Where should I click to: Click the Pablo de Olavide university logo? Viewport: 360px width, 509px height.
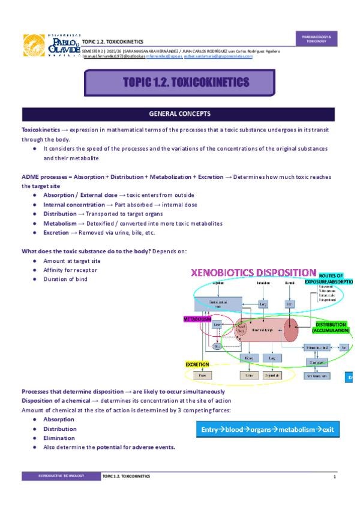[x=50, y=46]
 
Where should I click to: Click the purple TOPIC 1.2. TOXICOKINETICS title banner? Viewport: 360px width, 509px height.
[x=180, y=82]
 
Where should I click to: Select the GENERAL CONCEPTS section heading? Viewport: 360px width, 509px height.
[x=179, y=113]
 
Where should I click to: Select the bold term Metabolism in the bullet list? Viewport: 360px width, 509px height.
[x=60, y=223]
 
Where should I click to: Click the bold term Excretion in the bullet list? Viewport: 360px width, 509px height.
[x=56, y=233]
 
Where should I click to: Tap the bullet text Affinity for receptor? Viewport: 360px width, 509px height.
[x=70, y=271]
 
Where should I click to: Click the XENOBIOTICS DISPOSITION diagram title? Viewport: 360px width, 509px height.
[x=253, y=273]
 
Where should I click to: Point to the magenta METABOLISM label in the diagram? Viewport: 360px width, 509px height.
[x=198, y=319]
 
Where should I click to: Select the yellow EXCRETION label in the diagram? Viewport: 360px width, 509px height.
[x=197, y=364]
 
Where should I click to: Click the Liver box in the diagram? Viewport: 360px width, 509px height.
[x=217, y=325]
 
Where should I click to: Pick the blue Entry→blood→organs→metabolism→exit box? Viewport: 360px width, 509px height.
[x=268, y=430]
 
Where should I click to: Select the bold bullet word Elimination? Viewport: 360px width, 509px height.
[x=59, y=438]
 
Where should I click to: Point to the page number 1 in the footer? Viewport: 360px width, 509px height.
[x=334, y=476]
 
